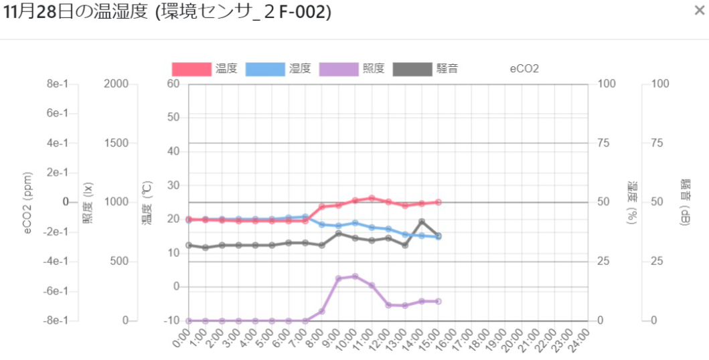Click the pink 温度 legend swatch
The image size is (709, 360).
190,69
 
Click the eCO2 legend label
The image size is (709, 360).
524,69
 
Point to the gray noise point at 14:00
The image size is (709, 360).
422,221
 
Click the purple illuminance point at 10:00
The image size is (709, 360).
355,276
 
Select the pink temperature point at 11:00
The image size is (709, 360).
372,198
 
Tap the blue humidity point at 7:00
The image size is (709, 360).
305,217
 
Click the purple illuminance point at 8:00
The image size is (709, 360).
322,311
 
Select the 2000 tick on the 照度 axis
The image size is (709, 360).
117,84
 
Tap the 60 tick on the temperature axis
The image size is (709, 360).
174,84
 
